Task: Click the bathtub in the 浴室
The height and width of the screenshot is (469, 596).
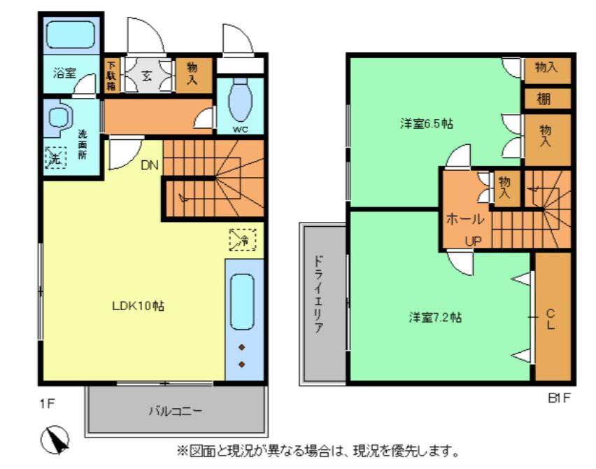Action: [x=71, y=34]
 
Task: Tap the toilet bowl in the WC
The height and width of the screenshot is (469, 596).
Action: [x=240, y=99]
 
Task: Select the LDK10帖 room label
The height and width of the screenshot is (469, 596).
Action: [x=138, y=306]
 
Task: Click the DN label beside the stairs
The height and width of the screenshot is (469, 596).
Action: [x=150, y=165]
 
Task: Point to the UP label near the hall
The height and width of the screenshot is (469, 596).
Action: [x=474, y=241]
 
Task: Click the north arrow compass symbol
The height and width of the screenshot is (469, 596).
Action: [x=55, y=440]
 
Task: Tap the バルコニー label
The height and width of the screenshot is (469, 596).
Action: [x=175, y=411]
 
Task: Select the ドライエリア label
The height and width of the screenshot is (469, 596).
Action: [x=318, y=295]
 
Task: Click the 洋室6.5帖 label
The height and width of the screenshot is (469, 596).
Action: [x=427, y=124]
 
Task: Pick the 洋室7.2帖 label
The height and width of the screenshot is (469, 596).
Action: [x=435, y=317]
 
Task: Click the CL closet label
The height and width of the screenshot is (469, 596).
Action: [x=551, y=319]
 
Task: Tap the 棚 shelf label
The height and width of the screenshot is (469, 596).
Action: [x=544, y=99]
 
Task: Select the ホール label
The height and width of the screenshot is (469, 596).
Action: [x=465, y=218]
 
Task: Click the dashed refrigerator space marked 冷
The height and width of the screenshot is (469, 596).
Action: [x=243, y=239]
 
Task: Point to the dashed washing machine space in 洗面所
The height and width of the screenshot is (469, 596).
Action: [x=55, y=157]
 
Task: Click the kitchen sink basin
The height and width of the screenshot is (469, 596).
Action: [x=242, y=302]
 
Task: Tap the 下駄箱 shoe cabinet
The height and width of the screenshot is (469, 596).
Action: [x=111, y=76]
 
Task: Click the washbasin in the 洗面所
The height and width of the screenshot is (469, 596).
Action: [x=58, y=117]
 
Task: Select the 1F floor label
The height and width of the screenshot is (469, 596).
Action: [x=48, y=404]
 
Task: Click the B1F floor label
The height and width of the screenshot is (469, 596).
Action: [x=559, y=398]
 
